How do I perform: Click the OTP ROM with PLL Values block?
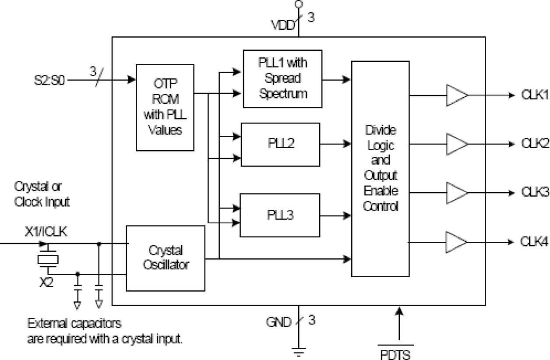pos(165,107)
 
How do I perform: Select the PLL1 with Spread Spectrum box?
pos(282,78)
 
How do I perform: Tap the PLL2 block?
pos(280,144)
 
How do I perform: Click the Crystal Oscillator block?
pos(166,258)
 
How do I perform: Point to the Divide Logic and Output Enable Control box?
pos(380,169)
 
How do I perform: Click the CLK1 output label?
pos(534,95)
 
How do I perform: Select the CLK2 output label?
pos(534,144)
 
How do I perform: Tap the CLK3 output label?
pos(534,192)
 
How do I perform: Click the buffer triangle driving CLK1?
pos(456,95)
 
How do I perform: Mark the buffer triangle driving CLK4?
pos(456,241)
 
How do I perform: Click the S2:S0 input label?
pos(49,81)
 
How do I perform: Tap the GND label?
pos(279,323)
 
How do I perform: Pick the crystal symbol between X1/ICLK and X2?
pos(48,259)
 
